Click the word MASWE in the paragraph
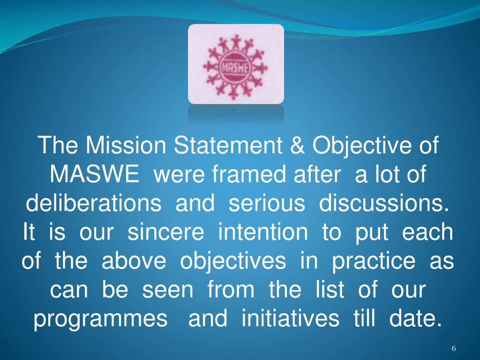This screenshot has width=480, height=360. (x=94, y=175)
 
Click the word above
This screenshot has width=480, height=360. (x=134, y=262)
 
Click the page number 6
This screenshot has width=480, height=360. (x=454, y=348)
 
